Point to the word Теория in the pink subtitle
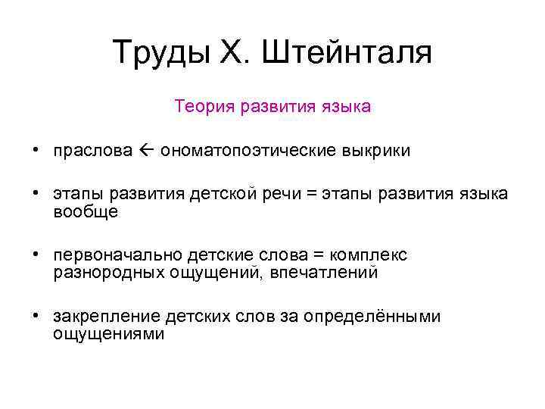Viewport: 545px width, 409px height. [203, 106]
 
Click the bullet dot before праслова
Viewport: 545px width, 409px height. [36, 151]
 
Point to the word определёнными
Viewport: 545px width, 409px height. [372, 317]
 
